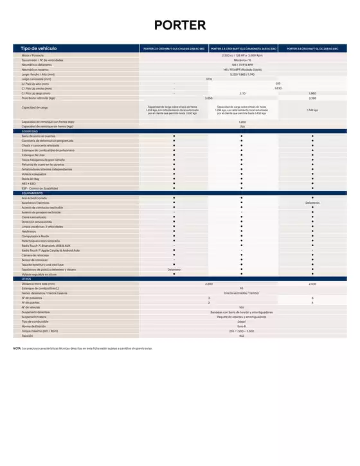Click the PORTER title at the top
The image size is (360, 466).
coord(180,25)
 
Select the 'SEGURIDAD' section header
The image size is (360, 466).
coord(30,131)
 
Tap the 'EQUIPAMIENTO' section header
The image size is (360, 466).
coord(33,193)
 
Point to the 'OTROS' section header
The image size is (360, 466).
coord(26,278)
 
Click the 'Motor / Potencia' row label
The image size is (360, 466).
coord(33,56)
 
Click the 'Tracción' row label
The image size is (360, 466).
coord(28,336)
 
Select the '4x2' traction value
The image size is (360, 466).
coord(242,336)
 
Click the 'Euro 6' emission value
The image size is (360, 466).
coord(242,326)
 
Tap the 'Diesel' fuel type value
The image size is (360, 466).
coord(242,321)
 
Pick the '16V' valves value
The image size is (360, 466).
coord(242,307)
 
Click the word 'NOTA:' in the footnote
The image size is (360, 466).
coord(17,348)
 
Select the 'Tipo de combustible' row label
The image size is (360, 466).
coord(35,321)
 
